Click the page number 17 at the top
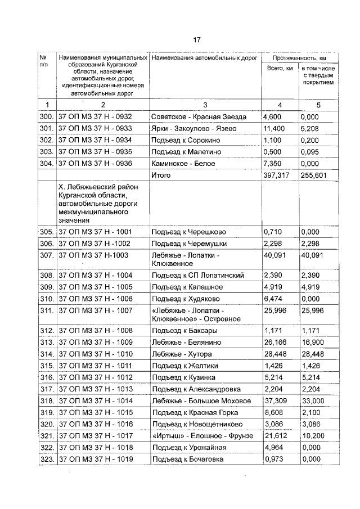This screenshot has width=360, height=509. point(196,40)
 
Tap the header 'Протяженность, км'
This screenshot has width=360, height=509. point(299,58)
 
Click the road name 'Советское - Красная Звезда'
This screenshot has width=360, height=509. point(199,117)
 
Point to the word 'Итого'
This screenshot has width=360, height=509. point(161,175)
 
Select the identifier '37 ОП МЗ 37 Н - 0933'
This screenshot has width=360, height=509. point(95,129)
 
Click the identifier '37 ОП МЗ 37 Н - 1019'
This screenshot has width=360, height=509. point(95,460)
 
